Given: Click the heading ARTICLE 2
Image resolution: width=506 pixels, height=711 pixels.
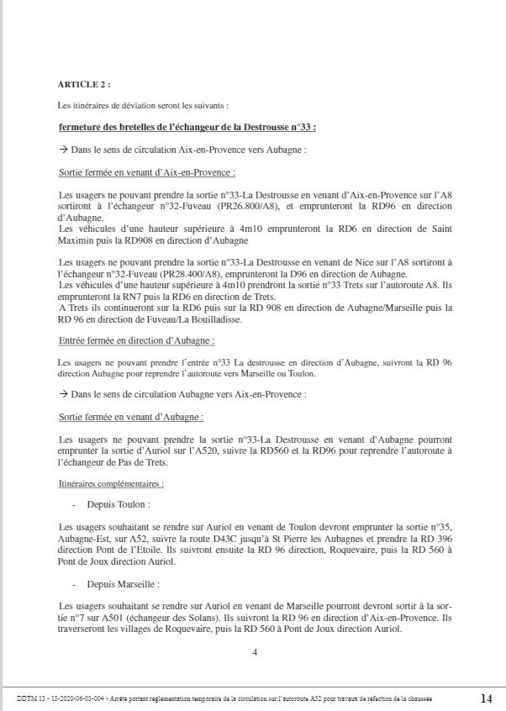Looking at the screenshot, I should [83, 85].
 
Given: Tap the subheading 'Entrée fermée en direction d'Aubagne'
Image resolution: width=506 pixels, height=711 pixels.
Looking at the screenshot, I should [136, 340].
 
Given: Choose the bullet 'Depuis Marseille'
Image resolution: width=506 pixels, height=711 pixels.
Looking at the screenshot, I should [123, 583].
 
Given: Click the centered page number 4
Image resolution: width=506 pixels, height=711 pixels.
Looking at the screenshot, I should [254, 651].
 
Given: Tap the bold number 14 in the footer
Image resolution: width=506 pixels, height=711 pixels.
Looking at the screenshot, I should [487, 698].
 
